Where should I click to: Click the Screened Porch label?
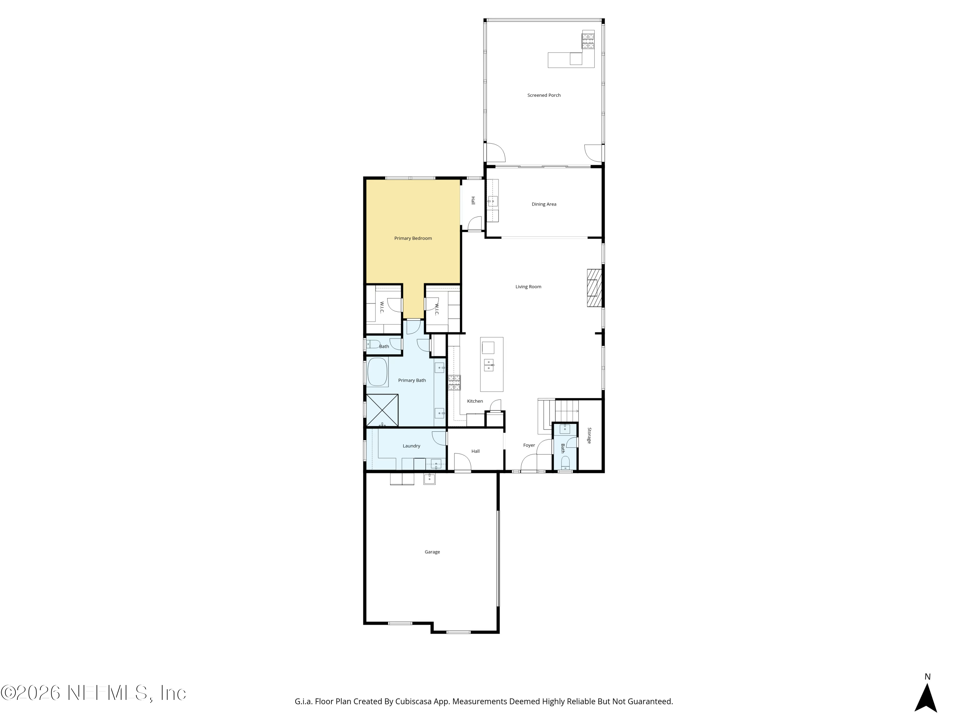point(543,95)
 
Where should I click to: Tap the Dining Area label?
point(543,204)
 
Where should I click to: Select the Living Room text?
point(528,287)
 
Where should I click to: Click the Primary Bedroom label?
point(413,238)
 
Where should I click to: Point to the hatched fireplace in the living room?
point(594,287)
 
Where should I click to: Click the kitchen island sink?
point(489,365)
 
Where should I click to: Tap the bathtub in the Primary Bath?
point(377,372)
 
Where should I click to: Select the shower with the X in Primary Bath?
point(382,410)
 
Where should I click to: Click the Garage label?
point(432,552)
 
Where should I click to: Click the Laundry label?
point(411,446)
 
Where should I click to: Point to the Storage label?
point(589,435)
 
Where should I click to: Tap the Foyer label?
point(529,445)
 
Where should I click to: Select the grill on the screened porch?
point(588,41)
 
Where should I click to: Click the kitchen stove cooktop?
point(454,382)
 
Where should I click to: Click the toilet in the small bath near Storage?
point(565,462)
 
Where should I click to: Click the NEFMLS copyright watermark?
point(94,693)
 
